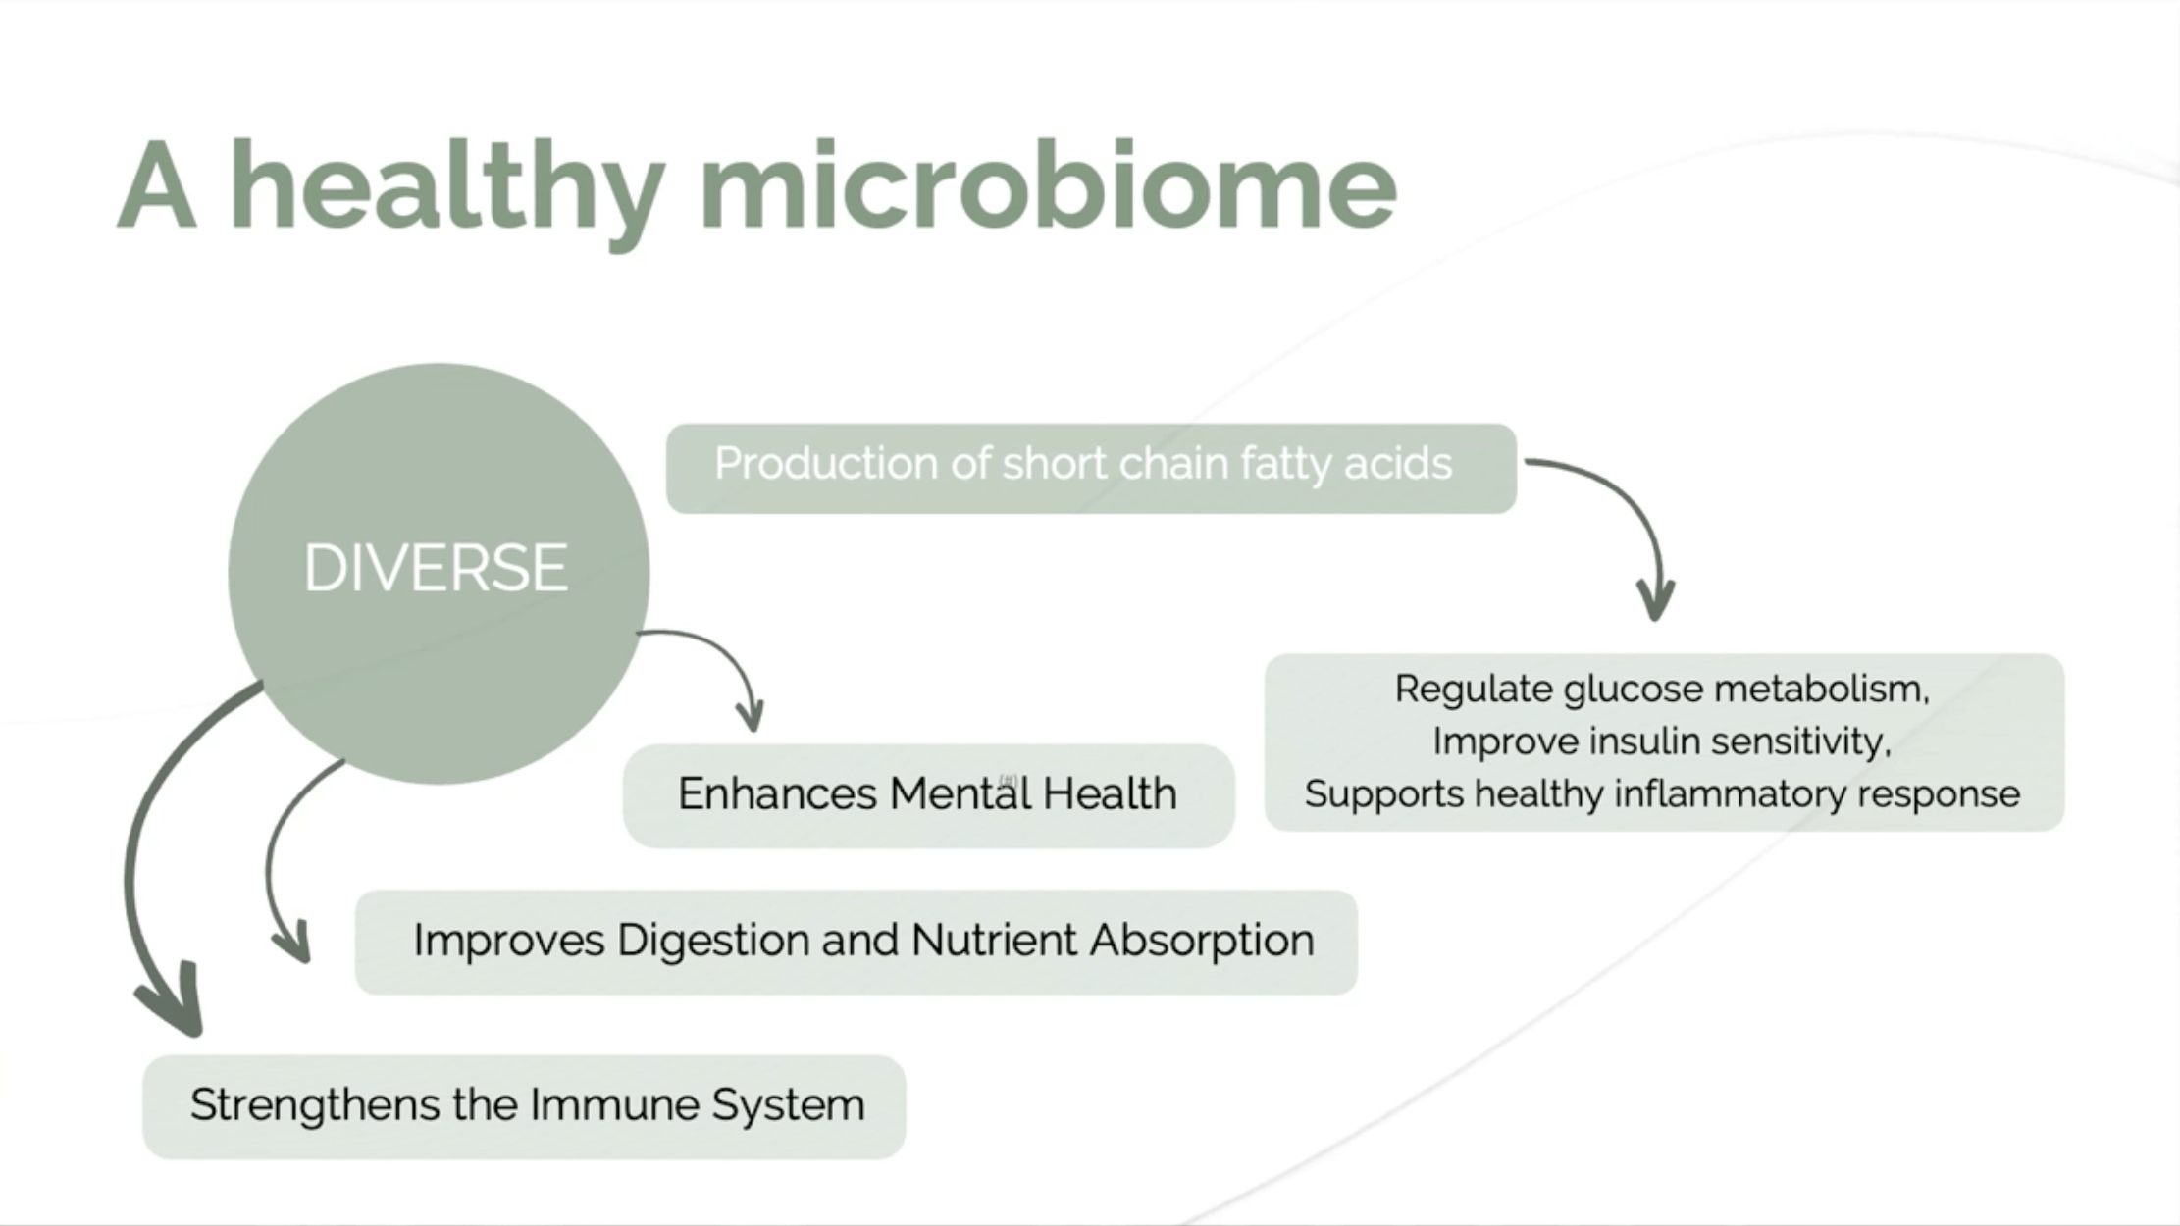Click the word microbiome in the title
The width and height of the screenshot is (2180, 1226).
pyautogui.click(x=1048, y=185)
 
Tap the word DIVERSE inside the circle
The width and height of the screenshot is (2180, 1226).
pyautogui.click(x=436, y=568)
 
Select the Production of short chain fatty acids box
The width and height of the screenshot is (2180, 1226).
pyautogui.click(x=1091, y=468)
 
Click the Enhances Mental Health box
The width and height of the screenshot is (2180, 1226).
pyautogui.click(x=928, y=795)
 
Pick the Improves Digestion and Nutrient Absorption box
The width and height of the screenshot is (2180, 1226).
pyautogui.click(x=856, y=942)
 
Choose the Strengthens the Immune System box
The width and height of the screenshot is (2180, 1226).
pyautogui.click(x=524, y=1106)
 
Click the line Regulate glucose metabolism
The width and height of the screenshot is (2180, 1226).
pyautogui.click(x=1662, y=690)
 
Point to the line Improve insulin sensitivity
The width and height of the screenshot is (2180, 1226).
pyautogui.click(x=1662, y=741)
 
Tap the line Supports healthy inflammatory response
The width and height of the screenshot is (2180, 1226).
pyautogui.click(x=1662, y=794)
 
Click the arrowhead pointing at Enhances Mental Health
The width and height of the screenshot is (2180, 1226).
pyautogui.click(x=751, y=713)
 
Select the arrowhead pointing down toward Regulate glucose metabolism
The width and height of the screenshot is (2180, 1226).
pyautogui.click(x=1656, y=600)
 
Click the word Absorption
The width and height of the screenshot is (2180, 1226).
pyautogui.click(x=1202, y=942)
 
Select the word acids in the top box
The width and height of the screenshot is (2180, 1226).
pyautogui.click(x=1398, y=463)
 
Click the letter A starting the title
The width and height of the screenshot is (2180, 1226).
pyautogui.click(x=157, y=185)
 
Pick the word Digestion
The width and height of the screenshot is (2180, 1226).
pyautogui.click(x=713, y=942)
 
